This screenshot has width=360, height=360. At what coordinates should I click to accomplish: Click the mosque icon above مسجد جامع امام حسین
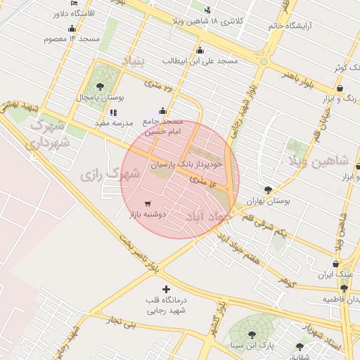tap(163, 111)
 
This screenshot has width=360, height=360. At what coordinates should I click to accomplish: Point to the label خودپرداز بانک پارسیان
tap(186, 163)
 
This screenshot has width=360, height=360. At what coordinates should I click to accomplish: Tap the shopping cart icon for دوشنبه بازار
tap(146, 204)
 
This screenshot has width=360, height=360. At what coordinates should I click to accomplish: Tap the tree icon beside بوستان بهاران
tap(268, 190)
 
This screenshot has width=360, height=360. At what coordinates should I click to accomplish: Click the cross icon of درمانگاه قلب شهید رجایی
tap(166, 289)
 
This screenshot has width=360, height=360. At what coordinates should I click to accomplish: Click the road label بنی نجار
tap(119, 323)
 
